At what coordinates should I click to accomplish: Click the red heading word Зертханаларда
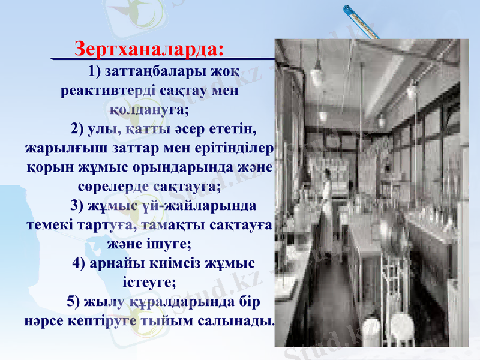pyautogui.click(x=148, y=47)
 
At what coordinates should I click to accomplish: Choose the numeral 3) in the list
pyautogui.click(x=78, y=206)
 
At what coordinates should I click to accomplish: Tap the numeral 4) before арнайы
pyautogui.click(x=79, y=263)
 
